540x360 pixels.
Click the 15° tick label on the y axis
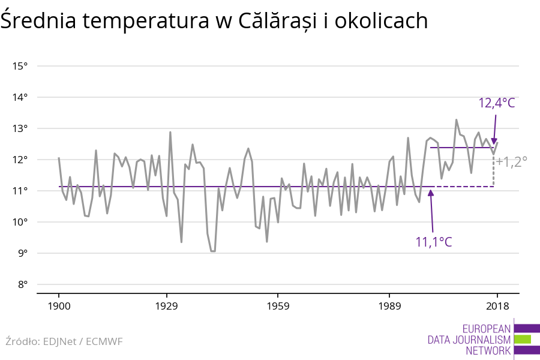click(20, 66)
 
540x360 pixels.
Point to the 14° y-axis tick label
click(20, 97)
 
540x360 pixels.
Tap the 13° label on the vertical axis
click(20, 128)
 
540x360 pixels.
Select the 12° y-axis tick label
click(20, 160)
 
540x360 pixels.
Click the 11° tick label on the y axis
click(20, 191)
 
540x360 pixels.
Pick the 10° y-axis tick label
click(20, 222)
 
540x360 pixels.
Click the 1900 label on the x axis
click(59, 306)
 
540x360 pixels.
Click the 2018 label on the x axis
click(497, 306)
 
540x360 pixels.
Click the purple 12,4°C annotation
click(497, 103)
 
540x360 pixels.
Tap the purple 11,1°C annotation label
click(434, 242)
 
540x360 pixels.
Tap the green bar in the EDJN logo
click(523, 339)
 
